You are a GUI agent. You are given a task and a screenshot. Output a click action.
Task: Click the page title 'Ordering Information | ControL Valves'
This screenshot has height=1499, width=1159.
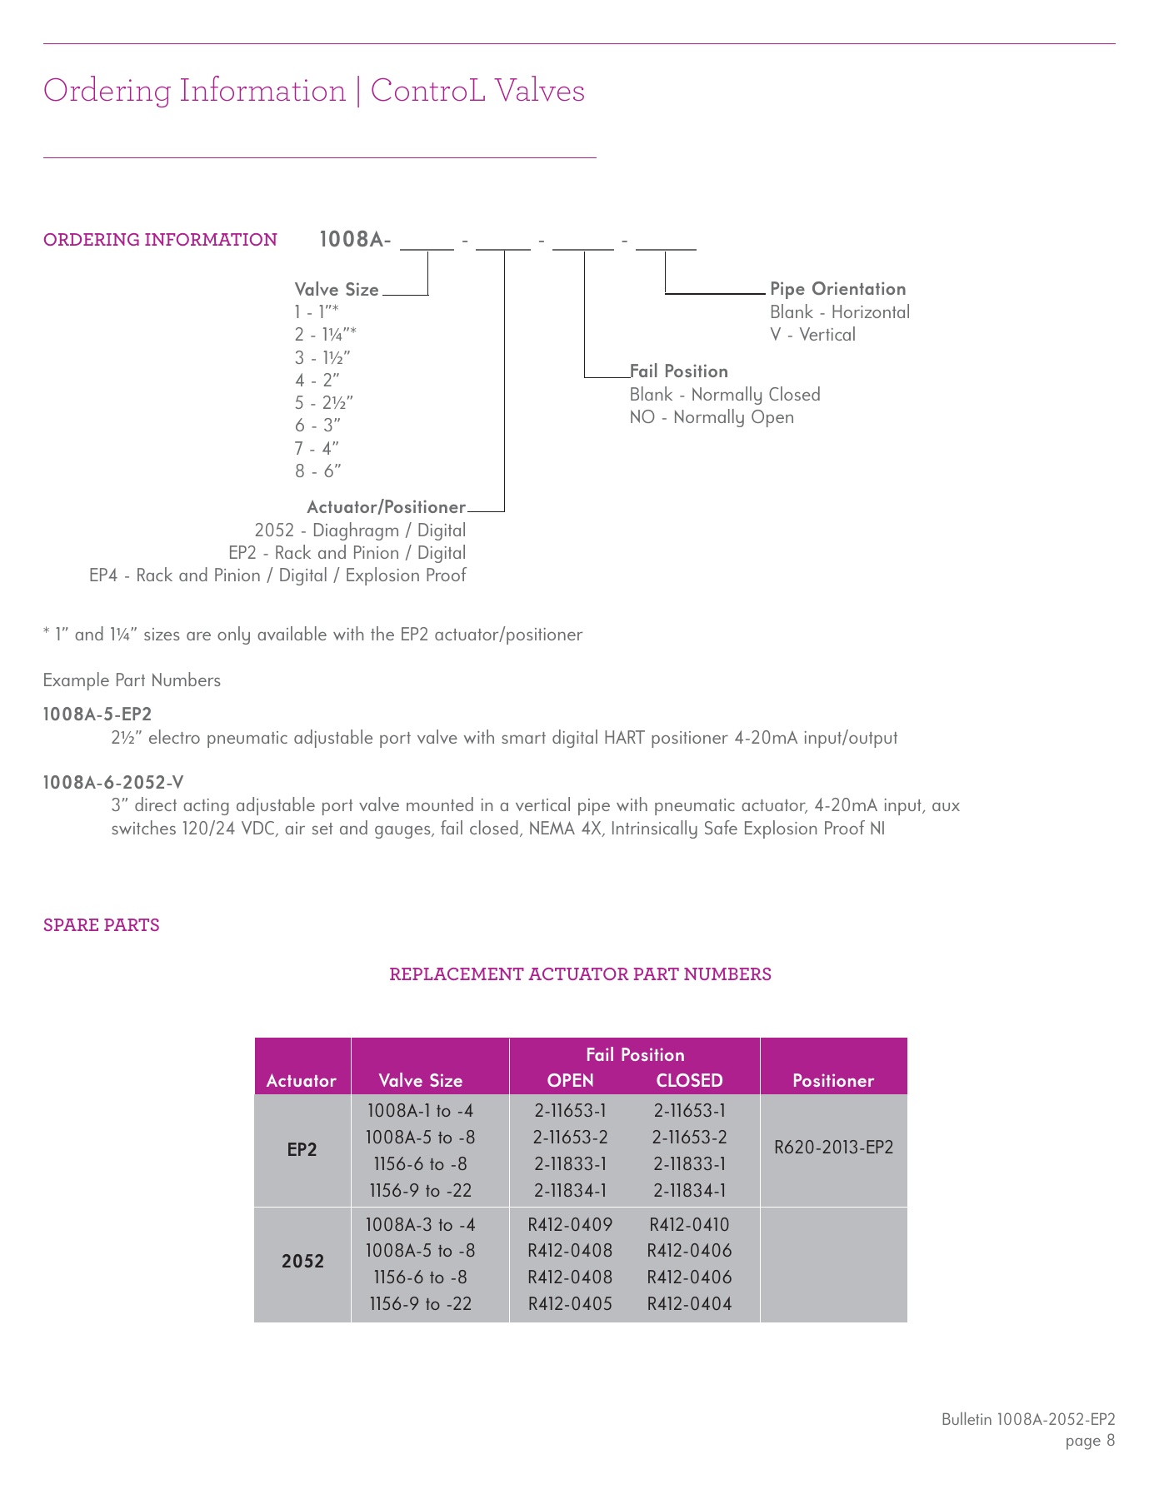pyautogui.click(x=313, y=91)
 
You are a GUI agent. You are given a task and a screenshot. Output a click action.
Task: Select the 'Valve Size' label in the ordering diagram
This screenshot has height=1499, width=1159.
pyautogui.click(x=337, y=290)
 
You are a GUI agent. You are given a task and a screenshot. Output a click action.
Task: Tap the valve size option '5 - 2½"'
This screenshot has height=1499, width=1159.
pyautogui.click(x=324, y=403)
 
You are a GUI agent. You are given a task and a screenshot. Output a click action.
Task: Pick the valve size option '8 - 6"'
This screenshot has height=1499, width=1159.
pyautogui.click(x=318, y=471)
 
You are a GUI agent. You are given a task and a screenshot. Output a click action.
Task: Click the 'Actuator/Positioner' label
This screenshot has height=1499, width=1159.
pyautogui.click(x=386, y=507)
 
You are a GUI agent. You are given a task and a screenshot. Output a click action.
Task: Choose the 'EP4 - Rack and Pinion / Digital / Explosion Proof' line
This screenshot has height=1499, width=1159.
pyautogui.click(x=277, y=575)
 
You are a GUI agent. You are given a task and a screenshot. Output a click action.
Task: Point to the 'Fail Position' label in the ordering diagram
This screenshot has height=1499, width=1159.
pyautogui.click(x=679, y=371)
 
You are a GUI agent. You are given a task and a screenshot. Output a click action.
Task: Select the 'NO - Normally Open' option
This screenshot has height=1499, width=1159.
pyautogui.click(x=712, y=417)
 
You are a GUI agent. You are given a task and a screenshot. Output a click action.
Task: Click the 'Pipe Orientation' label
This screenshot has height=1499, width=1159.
pyautogui.click(x=837, y=289)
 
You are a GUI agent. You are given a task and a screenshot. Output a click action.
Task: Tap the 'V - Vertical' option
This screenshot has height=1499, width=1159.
pyautogui.click(x=812, y=335)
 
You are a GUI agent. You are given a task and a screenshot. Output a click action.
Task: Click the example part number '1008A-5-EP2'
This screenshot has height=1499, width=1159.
pyautogui.click(x=97, y=715)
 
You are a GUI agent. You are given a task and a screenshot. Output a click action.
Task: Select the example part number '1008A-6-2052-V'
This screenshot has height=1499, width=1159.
pyautogui.click(x=113, y=783)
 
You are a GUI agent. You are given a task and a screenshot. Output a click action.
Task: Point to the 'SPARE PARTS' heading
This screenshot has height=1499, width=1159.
pyautogui.click(x=102, y=925)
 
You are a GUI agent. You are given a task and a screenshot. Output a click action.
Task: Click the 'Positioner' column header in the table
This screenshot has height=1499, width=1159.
pyautogui.click(x=833, y=1081)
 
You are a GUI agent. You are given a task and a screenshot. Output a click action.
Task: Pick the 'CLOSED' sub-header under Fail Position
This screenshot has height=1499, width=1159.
pyautogui.click(x=689, y=1081)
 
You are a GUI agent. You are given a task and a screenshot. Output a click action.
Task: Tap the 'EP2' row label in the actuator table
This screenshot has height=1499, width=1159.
pyautogui.click(x=302, y=1150)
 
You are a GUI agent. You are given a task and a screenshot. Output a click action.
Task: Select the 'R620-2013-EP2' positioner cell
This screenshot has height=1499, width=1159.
pyautogui.click(x=833, y=1148)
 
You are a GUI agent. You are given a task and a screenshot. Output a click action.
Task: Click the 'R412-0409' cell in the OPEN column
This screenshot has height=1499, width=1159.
pyautogui.click(x=570, y=1225)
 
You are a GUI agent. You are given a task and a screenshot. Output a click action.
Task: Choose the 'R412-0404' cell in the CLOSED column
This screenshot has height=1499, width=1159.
pyautogui.click(x=689, y=1304)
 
